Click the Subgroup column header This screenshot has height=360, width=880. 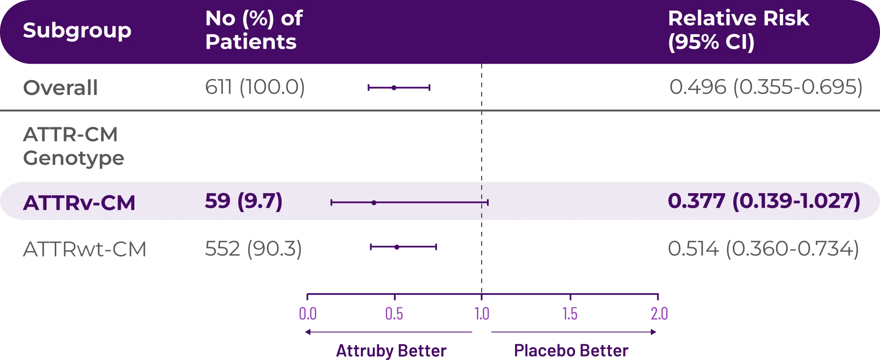pyautogui.click(x=77, y=30)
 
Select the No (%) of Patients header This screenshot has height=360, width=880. pyautogui.click(x=254, y=30)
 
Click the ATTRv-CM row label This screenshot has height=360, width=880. pyautogui.click(x=79, y=203)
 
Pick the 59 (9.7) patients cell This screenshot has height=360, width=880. pyautogui.click(x=244, y=201)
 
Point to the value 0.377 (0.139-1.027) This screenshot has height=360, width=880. pyautogui.click(x=764, y=201)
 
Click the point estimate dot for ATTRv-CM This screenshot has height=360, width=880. pyautogui.click(x=374, y=202)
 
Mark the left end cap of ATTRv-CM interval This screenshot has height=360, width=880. pyautogui.click(x=332, y=202)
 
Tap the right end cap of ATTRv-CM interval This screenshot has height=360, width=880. pyautogui.click(x=487, y=202)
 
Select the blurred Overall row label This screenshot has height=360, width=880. pyautogui.click(x=60, y=88)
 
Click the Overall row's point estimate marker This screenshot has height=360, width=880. pyautogui.click(x=394, y=87)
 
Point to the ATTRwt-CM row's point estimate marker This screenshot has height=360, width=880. pyautogui.click(x=397, y=248)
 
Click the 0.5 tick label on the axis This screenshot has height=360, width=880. pyautogui.click(x=394, y=313)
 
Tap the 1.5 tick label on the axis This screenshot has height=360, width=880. pyautogui.click(x=570, y=313)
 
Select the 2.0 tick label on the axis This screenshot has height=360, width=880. pyautogui.click(x=658, y=313)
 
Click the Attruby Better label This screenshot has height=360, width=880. pyautogui.click(x=391, y=351)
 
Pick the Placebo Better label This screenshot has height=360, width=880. pyautogui.click(x=570, y=350)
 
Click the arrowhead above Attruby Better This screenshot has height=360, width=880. pyautogui.click(x=308, y=332)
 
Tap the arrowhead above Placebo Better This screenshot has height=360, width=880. pyautogui.click(x=653, y=332)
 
